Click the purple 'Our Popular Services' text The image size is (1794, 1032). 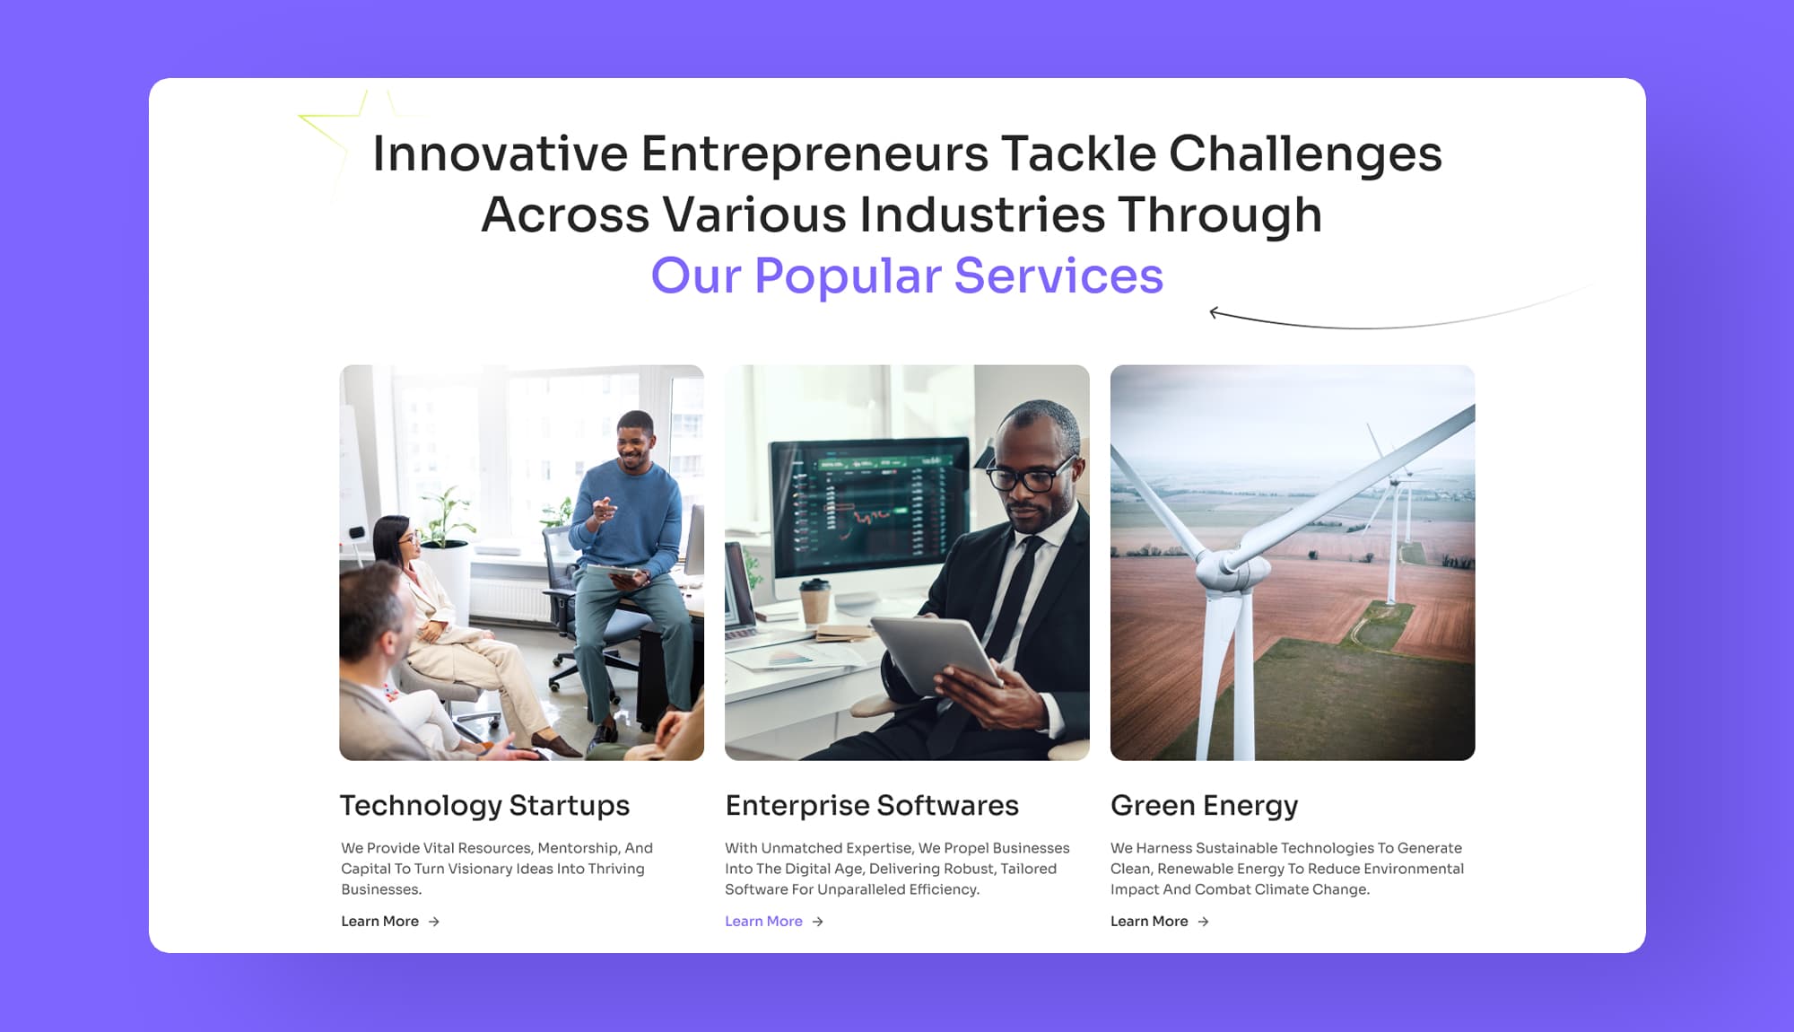click(907, 275)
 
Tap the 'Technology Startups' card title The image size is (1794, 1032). click(484, 806)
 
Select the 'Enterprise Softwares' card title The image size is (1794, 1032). click(872, 806)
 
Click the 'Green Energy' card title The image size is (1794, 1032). click(1204, 806)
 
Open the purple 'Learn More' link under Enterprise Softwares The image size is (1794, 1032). click(763, 922)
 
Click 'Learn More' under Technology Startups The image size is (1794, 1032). click(379, 922)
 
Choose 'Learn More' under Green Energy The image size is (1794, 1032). click(1149, 922)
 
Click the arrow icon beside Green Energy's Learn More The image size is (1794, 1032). click(1204, 922)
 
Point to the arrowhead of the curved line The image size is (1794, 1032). click(1213, 312)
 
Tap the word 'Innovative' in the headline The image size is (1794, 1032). click(500, 153)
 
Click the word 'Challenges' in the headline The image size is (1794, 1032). click(1305, 155)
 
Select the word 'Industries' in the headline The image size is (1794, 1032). click(982, 215)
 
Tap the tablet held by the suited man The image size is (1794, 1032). click(937, 653)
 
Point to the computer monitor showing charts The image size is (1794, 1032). click(870, 512)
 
